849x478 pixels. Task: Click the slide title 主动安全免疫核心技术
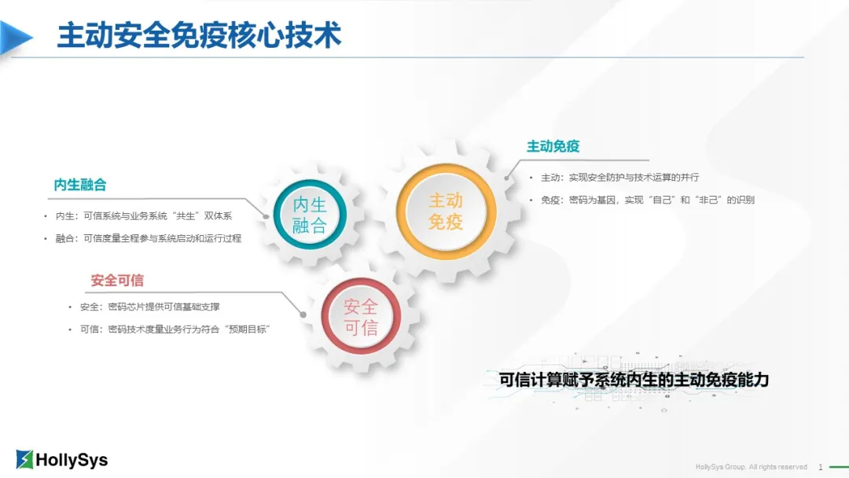(x=199, y=36)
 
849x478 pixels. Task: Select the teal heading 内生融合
(x=80, y=185)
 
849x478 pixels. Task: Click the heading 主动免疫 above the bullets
(x=553, y=146)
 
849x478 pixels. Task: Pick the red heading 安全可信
(x=117, y=280)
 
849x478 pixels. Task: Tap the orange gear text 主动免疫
(x=446, y=211)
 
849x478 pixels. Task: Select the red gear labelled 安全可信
(x=361, y=318)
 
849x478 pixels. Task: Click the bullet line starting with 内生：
(x=144, y=215)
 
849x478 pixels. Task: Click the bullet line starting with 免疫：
(x=647, y=200)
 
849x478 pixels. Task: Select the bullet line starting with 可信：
(x=175, y=329)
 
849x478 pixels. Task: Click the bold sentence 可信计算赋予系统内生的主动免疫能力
(x=634, y=380)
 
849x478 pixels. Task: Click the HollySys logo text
(x=72, y=460)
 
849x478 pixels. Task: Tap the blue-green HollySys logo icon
(x=25, y=459)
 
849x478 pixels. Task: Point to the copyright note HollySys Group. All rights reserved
(x=751, y=467)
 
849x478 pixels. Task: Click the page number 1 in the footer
(x=820, y=467)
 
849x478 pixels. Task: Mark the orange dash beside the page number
(x=837, y=467)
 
